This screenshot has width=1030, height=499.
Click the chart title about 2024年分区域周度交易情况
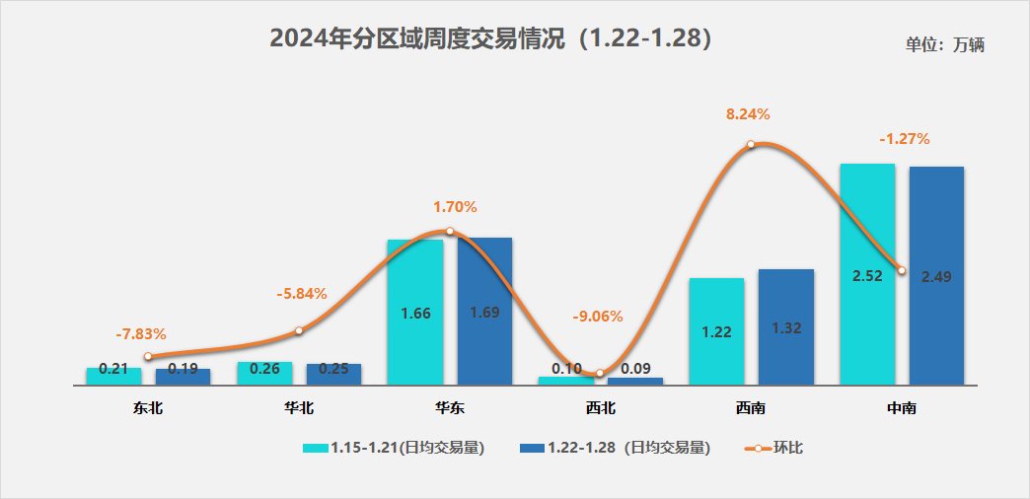(x=490, y=39)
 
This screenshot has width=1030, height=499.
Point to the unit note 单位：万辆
(x=945, y=44)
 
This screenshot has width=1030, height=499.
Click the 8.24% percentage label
(x=748, y=114)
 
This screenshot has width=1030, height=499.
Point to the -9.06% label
(x=598, y=317)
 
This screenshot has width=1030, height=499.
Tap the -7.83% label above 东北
(x=141, y=333)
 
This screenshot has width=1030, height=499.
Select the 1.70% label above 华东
(x=455, y=207)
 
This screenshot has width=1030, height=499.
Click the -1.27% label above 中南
(x=904, y=139)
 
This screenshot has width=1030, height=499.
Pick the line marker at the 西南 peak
(x=751, y=144)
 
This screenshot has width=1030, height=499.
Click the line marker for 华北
(x=299, y=331)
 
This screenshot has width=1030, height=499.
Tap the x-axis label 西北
(x=599, y=406)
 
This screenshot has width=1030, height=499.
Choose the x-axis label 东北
(x=148, y=406)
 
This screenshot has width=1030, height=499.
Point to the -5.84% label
(x=301, y=294)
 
